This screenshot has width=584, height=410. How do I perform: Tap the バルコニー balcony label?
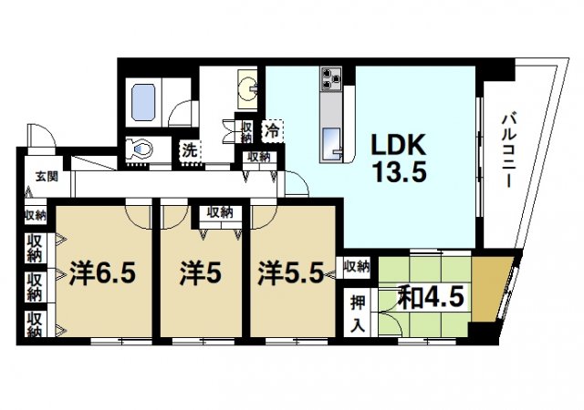coord(510,149)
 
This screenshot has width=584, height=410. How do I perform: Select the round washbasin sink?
coord(247,88)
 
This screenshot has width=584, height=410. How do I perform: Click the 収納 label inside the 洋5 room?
coord(219,212)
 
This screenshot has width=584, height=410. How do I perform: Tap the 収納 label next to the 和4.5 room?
coord(357,267)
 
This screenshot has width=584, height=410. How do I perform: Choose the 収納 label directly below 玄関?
coord(36,215)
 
